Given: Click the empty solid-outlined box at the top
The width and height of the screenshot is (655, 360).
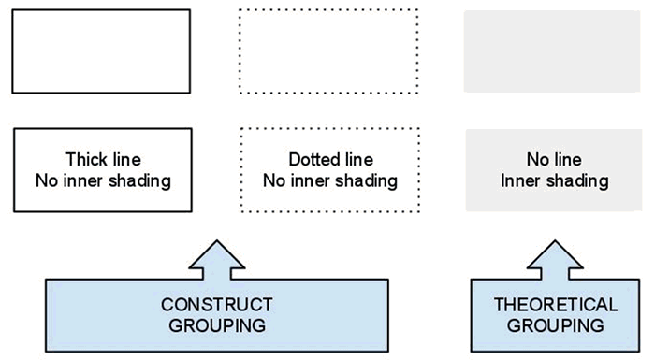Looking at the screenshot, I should pos(101,50).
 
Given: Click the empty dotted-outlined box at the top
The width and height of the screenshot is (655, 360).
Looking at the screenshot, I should pos(328,50).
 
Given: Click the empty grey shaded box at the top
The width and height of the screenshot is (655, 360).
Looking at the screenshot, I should pos(553,50).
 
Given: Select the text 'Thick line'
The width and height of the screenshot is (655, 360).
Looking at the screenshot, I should pos(103,160).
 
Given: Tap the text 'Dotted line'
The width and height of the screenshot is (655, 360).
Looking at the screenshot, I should pos(329,160).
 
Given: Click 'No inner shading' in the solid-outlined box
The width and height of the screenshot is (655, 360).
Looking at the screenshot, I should pos(103,180).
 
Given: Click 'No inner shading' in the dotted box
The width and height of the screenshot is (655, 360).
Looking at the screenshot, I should pos(329,180).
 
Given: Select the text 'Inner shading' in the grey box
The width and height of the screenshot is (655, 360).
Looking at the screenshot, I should pos(554,180).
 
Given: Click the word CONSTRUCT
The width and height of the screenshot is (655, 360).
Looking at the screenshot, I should pos(216,305).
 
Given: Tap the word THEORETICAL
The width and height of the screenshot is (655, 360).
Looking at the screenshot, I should pos(555,305).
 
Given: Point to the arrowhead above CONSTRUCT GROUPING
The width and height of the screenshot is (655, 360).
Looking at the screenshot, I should pos(216,257).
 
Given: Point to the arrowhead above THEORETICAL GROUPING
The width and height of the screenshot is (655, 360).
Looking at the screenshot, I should pos(555,257).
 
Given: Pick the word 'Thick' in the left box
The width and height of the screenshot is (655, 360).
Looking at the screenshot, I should pos(84,160).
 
